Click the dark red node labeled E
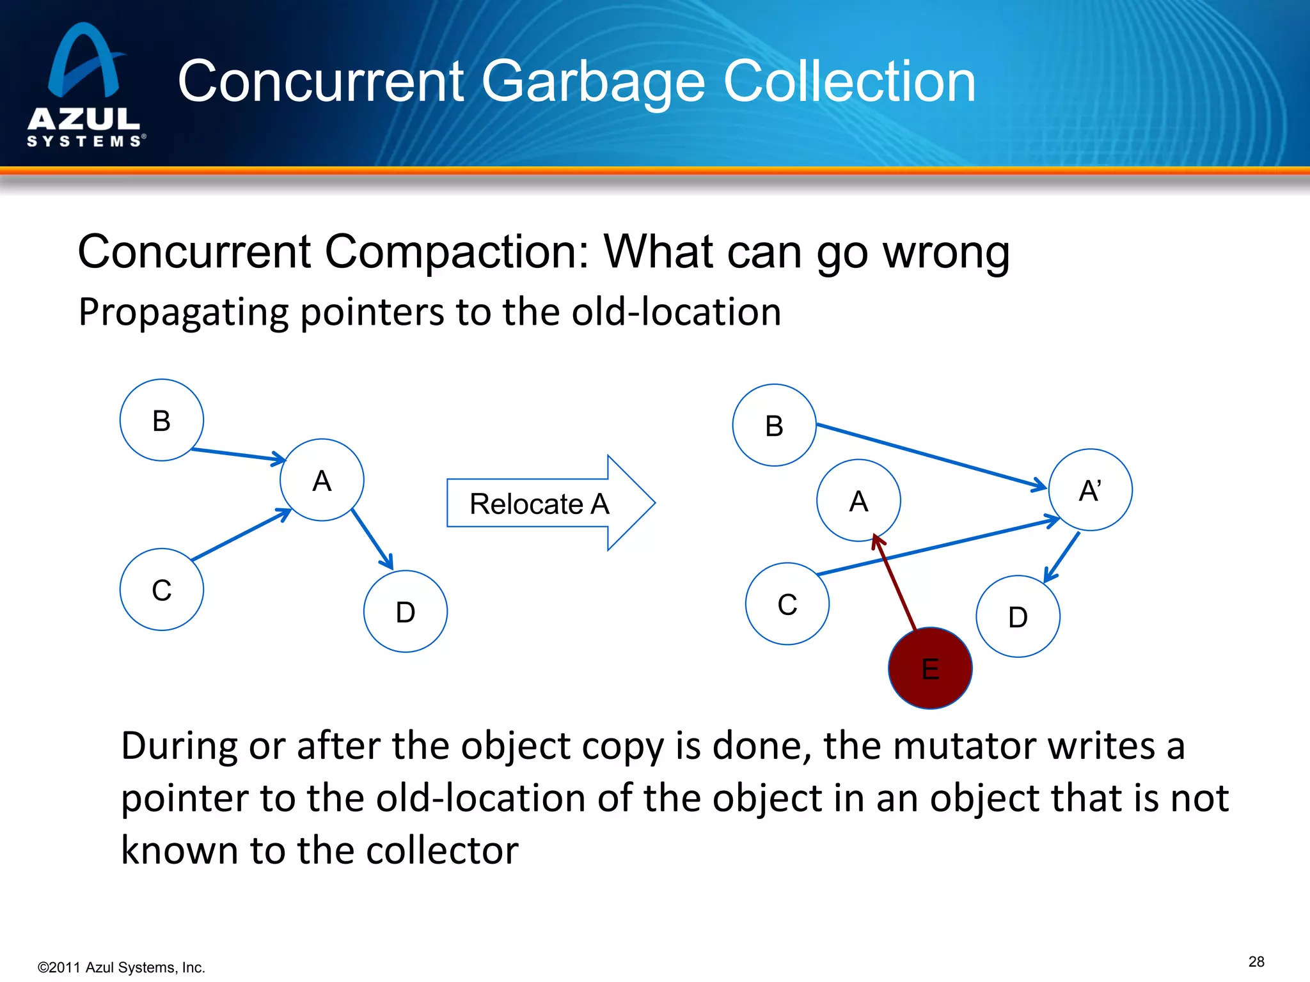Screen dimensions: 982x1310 coord(930,669)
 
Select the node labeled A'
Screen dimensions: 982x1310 coord(1090,490)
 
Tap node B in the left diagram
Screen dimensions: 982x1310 coord(162,421)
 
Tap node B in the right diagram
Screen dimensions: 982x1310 coord(774,426)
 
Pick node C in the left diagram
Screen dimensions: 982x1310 coord(162,589)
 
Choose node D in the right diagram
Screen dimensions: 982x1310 coord(1018,617)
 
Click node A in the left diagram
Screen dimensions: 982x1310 coord(322,480)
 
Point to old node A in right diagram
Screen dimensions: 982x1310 coord(858,501)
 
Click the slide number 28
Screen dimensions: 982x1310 coord(1256,962)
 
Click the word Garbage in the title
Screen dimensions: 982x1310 coord(594,82)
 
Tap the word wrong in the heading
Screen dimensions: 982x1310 coord(946,252)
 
